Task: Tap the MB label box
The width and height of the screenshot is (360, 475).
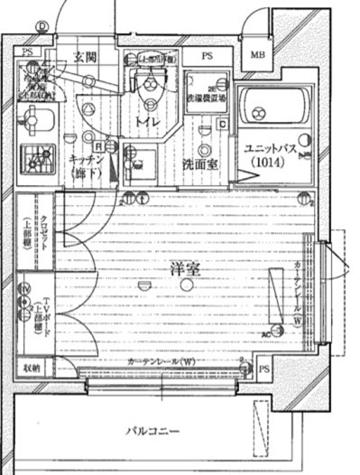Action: tap(258, 55)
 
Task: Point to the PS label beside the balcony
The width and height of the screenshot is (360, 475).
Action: tap(264, 370)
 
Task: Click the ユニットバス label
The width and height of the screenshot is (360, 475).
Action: tap(272, 149)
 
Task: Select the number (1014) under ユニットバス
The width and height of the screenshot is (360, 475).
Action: tap(273, 163)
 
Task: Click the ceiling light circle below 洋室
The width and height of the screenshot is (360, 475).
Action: tap(185, 285)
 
